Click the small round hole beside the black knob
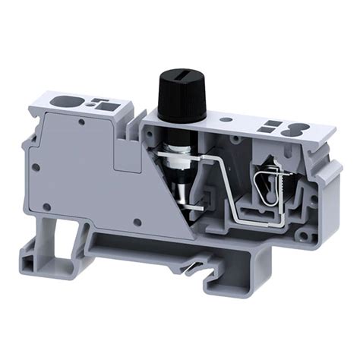[x=223, y=119]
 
